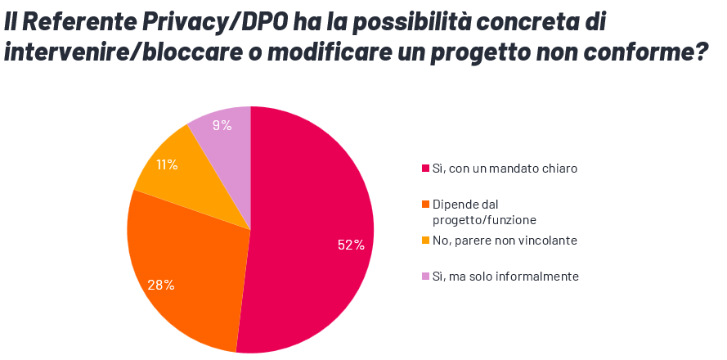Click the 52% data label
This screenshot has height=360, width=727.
351,245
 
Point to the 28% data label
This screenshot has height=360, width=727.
161,286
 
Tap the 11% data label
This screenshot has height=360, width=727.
168,164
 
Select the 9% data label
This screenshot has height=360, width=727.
222,125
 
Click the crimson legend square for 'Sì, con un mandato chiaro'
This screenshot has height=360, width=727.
425,169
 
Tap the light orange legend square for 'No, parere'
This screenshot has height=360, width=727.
425,241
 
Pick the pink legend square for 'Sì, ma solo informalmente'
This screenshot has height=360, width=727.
425,277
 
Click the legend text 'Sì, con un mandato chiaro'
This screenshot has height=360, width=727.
505,169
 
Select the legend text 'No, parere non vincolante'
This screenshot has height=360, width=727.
505,241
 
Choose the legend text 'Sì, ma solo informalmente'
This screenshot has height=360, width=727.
505,277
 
